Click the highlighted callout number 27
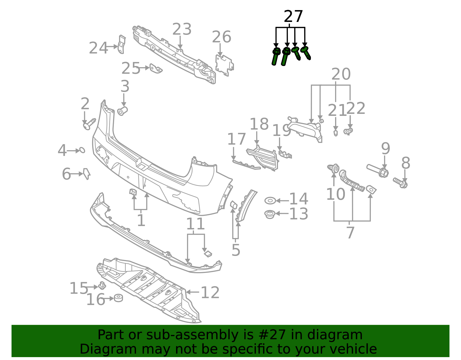coord(293,16)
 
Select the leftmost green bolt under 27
coord(276,56)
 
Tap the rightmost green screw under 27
coord(306,53)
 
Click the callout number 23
coord(182,29)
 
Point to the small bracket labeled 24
coord(122,44)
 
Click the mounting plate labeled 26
coord(224,65)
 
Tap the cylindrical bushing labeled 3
coord(123,111)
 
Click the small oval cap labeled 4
coord(82,150)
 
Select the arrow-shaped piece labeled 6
coord(86,174)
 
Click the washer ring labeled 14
coord(270,201)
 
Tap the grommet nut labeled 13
coord(270,214)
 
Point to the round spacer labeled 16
coord(118,298)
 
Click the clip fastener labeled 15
coord(102,286)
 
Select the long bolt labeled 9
coord(378,170)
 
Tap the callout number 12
coord(210,293)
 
